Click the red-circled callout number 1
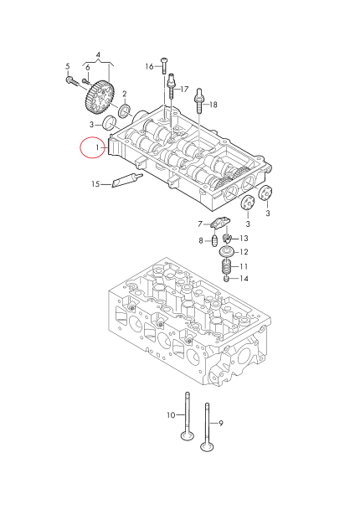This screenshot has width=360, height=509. (x=97, y=147)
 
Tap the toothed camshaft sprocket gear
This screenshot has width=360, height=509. (x=99, y=96)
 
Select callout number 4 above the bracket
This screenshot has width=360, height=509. (x=98, y=55)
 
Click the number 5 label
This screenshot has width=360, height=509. (x=68, y=66)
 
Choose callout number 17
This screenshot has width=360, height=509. (x=184, y=88)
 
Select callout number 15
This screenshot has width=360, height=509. (x=95, y=184)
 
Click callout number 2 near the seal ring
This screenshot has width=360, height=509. (x=124, y=94)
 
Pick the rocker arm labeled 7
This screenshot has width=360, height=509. (x=222, y=224)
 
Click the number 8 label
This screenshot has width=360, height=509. (x=201, y=241)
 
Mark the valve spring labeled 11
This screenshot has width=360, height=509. (x=225, y=269)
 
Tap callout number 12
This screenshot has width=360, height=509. (x=244, y=251)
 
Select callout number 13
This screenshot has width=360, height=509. (x=244, y=238)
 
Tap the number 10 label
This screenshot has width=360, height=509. (x=170, y=415)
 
